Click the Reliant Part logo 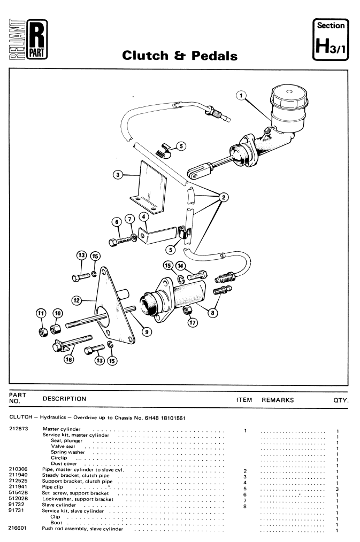[x=28, y=40]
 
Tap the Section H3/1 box [x=331, y=40]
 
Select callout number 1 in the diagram [x=241, y=95]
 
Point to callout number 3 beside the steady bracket [x=118, y=175]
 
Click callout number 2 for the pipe [x=224, y=197]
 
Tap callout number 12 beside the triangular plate [x=76, y=300]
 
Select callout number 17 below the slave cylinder [x=193, y=323]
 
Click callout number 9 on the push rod [x=147, y=332]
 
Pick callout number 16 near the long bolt [x=69, y=360]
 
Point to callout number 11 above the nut [x=41, y=314]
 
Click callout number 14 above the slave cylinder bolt [x=180, y=266]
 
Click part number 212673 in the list [x=18, y=429]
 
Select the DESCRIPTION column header [x=64, y=399]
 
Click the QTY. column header [x=341, y=400]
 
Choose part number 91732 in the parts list [x=16, y=505]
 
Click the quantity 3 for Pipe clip [x=337, y=489]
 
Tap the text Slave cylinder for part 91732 [x=59, y=505]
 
